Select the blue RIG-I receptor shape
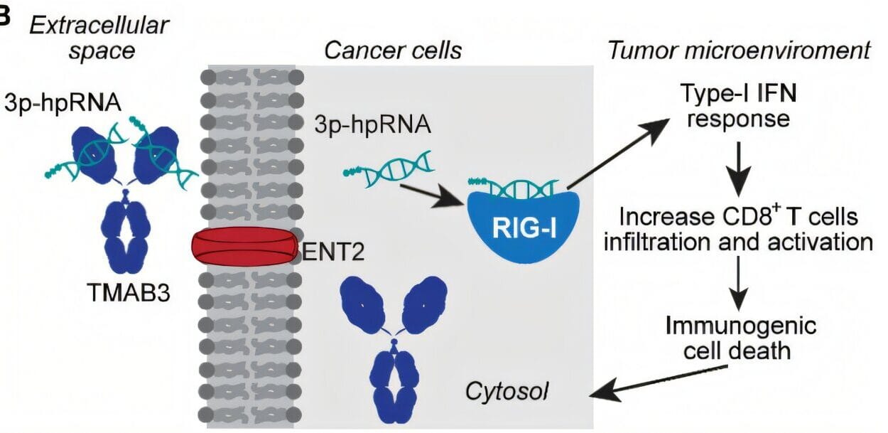(x=524, y=221)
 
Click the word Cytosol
(x=509, y=390)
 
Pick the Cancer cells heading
(x=393, y=50)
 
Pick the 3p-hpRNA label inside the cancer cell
(x=372, y=125)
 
